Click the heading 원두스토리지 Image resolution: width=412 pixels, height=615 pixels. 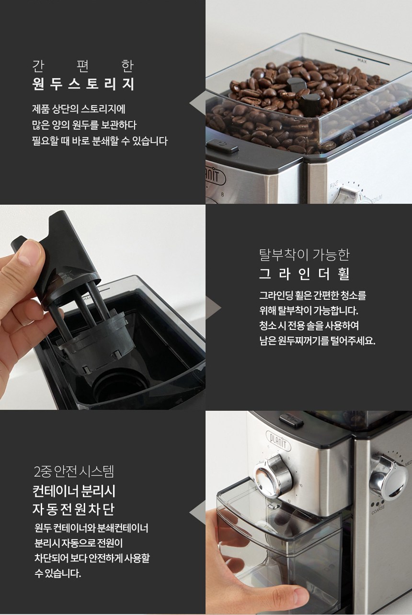coord(83,84)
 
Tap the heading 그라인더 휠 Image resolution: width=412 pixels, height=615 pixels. coord(305,274)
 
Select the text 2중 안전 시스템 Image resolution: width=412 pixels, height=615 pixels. coord(74,472)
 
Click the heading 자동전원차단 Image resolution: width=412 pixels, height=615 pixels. coord(73,509)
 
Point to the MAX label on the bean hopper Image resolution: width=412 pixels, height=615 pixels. coord(362,61)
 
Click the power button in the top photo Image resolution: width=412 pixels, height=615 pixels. coord(222,146)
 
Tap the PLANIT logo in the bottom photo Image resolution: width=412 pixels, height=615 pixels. coord(278,440)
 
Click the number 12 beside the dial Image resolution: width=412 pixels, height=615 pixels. coord(289,501)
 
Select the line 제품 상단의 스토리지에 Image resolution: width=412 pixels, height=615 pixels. coord(79,109)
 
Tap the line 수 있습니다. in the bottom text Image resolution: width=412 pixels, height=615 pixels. coord(58,573)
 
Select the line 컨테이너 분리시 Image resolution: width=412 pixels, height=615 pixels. coord(74,491)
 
